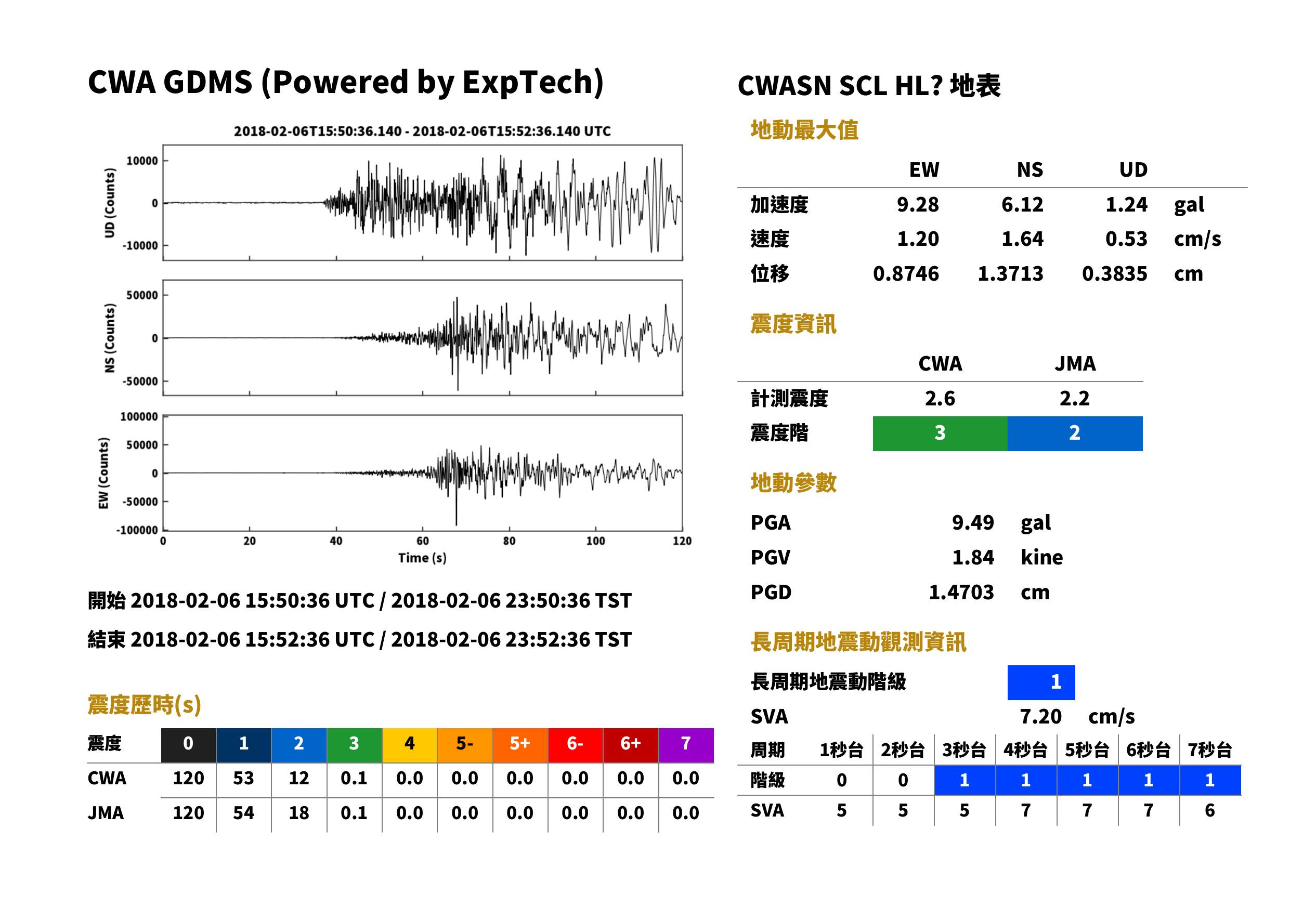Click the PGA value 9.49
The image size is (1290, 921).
(972, 522)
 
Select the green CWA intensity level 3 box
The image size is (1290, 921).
(940, 433)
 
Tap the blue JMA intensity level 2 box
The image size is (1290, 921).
(1075, 433)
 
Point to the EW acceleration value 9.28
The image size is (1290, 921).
(917, 204)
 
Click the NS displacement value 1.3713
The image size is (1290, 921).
(1010, 273)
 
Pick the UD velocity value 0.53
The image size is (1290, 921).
(1126, 239)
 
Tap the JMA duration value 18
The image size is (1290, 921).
(299, 813)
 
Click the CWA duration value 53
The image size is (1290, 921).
(243, 778)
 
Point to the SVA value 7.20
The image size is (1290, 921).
(1040, 717)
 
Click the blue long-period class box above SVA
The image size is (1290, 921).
(1041, 682)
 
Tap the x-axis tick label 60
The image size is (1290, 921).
(423, 541)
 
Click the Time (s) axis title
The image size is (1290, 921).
(422, 558)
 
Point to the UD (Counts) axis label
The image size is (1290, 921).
(110, 203)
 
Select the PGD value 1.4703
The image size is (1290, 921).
(961, 592)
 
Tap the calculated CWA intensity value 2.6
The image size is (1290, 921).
(940, 399)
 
